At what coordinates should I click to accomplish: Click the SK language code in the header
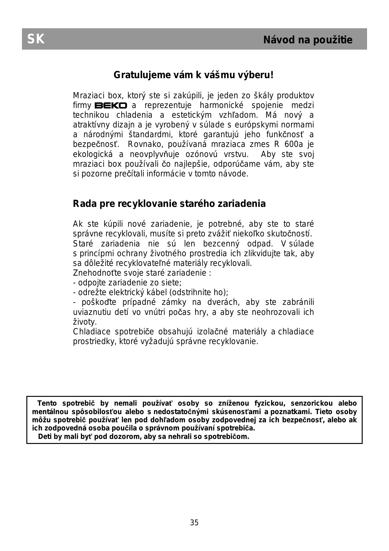pos(36,39)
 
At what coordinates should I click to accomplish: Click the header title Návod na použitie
pos(308,40)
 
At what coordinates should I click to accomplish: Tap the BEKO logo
pos(111,105)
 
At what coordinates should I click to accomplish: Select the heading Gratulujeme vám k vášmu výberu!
pos(194,75)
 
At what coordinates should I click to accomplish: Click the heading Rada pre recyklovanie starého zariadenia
pos(169,204)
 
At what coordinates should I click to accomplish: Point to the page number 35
pos(194,523)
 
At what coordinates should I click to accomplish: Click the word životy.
pos(85,322)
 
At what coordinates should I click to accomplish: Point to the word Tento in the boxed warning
pos(47,403)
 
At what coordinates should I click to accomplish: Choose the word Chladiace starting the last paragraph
pos(92,332)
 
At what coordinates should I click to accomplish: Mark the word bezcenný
pos(221,244)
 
